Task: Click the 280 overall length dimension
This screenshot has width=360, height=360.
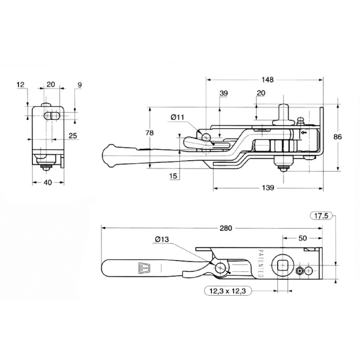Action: [x=226, y=228]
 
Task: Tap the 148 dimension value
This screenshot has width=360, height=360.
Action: [x=268, y=80]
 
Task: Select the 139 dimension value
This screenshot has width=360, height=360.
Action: [x=268, y=188]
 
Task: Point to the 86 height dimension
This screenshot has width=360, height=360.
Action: [x=337, y=137]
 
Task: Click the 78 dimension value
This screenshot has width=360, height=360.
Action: [x=149, y=133]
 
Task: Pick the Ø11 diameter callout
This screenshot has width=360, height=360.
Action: [x=177, y=117]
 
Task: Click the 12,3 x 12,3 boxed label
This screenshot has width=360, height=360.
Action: [x=228, y=291]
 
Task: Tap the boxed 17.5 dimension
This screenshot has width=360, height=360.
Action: [x=321, y=216]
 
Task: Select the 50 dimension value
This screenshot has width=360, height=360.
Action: [x=302, y=238]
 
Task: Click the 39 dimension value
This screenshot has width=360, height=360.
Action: [x=224, y=93]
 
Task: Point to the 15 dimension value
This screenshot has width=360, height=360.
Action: [x=173, y=176]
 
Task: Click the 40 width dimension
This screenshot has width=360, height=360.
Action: [x=48, y=183]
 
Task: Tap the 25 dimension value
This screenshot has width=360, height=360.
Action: [x=73, y=136]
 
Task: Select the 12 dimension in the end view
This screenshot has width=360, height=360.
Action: [x=20, y=85]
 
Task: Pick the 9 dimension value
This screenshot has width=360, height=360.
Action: [x=80, y=85]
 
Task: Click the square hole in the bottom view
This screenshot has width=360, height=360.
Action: [x=282, y=266]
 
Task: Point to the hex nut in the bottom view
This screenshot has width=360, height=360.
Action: [x=299, y=271]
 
